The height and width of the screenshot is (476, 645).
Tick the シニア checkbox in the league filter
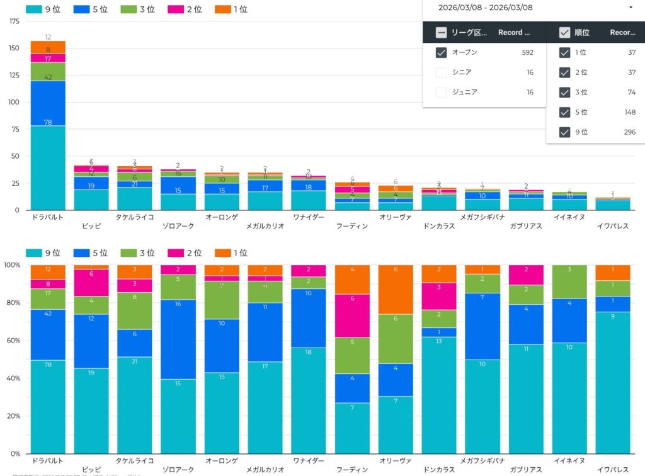click(x=441, y=72)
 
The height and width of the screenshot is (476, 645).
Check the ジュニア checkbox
click(x=441, y=92)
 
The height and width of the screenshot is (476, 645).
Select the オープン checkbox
click(x=441, y=52)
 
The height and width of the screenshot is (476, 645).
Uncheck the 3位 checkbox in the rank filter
click(x=564, y=92)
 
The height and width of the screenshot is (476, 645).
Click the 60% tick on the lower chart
click(x=12, y=341)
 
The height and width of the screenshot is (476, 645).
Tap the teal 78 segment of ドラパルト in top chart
click(x=48, y=167)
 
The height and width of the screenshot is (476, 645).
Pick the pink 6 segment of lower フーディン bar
click(x=352, y=316)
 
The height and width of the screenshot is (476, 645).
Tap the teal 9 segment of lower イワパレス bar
click(x=612, y=383)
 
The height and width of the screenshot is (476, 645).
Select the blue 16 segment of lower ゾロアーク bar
click(x=178, y=339)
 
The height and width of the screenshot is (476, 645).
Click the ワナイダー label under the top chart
click(x=309, y=217)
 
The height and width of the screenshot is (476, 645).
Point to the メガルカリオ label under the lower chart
click(x=265, y=470)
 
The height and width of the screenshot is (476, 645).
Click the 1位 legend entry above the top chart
click(x=232, y=9)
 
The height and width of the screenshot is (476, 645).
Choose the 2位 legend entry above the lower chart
click(x=186, y=253)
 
